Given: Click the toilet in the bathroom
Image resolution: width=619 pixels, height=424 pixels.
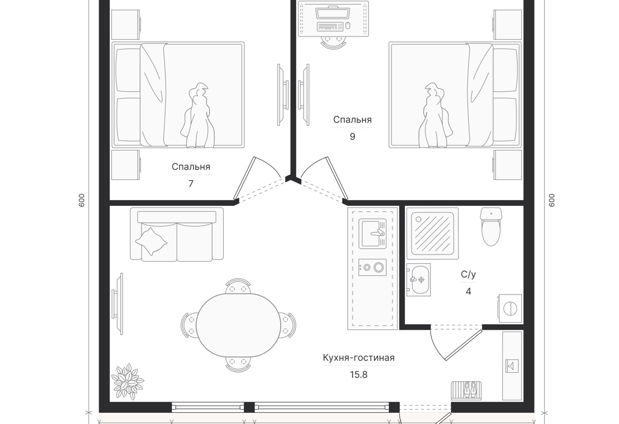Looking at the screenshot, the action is click(x=491, y=226).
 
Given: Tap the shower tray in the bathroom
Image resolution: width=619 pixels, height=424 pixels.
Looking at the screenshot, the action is click(x=432, y=233).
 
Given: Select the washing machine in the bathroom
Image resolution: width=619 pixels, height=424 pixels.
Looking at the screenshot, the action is click(x=510, y=308).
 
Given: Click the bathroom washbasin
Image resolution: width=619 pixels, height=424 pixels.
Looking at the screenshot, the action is click(x=418, y=279).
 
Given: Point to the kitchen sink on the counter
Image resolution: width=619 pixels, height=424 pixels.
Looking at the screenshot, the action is click(x=372, y=234).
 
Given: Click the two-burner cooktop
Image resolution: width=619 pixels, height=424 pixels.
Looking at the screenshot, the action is click(x=372, y=267).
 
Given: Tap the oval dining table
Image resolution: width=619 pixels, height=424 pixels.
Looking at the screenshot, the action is click(x=238, y=325).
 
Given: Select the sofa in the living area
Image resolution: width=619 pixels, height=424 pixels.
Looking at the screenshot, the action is click(x=177, y=234).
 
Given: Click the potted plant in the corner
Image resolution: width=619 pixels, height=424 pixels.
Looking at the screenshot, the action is click(x=128, y=381).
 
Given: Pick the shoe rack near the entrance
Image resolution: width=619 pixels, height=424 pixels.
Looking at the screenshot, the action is click(x=466, y=390).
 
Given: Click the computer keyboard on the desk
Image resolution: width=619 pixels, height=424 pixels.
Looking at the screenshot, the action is click(x=330, y=26).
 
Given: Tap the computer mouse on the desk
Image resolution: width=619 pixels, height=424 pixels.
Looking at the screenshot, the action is click(x=348, y=26).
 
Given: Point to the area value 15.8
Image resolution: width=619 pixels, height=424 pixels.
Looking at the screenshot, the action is click(x=358, y=374).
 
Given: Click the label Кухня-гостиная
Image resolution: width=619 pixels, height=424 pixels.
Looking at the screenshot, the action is click(x=358, y=358).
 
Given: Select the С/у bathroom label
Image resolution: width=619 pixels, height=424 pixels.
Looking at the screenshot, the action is click(x=468, y=274).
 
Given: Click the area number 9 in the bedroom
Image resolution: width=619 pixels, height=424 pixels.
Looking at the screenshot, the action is click(x=352, y=136).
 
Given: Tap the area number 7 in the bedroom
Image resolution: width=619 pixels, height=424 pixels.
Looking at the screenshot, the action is click(x=191, y=183).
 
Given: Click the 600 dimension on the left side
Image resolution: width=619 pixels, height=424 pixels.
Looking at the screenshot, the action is click(x=81, y=200).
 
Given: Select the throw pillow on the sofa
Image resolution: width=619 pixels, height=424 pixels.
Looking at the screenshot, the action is click(x=151, y=241).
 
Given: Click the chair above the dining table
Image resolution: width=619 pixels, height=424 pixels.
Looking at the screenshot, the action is click(x=238, y=286).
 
